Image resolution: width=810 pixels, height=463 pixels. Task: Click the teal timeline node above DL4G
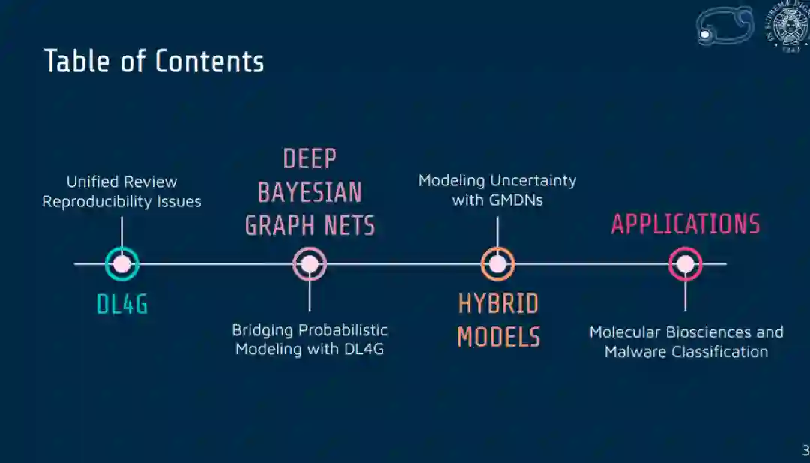click(x=122, y=263)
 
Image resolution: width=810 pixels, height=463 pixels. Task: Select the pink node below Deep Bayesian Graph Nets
click(x=310, y=263)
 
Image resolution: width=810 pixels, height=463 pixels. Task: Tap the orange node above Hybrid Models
click(x=497, y=263)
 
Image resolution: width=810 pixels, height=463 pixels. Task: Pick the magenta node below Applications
click(x=685, y=263)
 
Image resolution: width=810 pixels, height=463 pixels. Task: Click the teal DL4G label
click(x=122, y=304)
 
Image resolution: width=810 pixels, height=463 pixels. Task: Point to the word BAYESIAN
click(x=310, y=192)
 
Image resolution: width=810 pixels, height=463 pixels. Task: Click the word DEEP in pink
click(x=310, y=159)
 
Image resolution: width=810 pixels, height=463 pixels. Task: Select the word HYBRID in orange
click(x=498, y=304)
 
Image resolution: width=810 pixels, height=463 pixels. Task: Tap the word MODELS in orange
click(x=498, y=337)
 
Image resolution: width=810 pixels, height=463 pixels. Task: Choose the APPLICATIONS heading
click(x=685, y=224)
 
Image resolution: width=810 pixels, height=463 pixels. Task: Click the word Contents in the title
click(x=209, y=62)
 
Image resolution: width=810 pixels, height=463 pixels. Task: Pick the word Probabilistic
click(x=343, y=330)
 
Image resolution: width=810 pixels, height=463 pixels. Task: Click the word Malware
click(x=637, y=351)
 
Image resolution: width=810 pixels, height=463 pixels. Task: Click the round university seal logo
click(x=786, y=28)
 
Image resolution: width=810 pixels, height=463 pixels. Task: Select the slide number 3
click(x=805, y=451)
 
